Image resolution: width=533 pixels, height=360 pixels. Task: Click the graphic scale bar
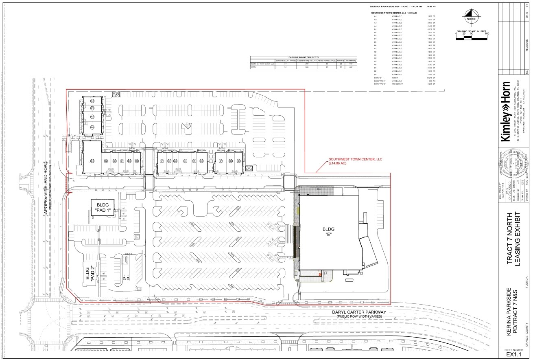[x=472, y=38]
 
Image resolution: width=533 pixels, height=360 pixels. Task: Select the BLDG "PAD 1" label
[x=103, y=208]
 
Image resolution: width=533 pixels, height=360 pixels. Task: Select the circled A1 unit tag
[x=92, y=101]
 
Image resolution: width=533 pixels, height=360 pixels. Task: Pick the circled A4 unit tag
[x=92, y=127]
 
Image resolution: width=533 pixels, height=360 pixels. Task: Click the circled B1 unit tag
[x=92, y=161]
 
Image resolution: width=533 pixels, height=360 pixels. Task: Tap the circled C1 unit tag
[x=162, y=161]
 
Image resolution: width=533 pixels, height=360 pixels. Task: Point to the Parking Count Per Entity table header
[x=304, y=57]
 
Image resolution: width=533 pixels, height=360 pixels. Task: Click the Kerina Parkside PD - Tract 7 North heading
[x=398, y=7]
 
